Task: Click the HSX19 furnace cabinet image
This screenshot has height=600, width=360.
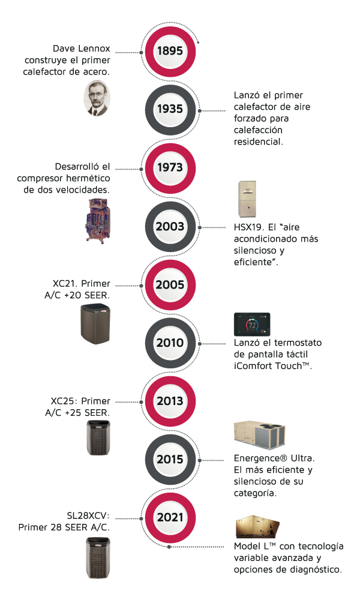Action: pos(247,200)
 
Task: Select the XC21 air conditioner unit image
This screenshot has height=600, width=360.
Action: pos(96,324)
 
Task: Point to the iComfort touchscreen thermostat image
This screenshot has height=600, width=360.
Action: pos(252,325)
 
